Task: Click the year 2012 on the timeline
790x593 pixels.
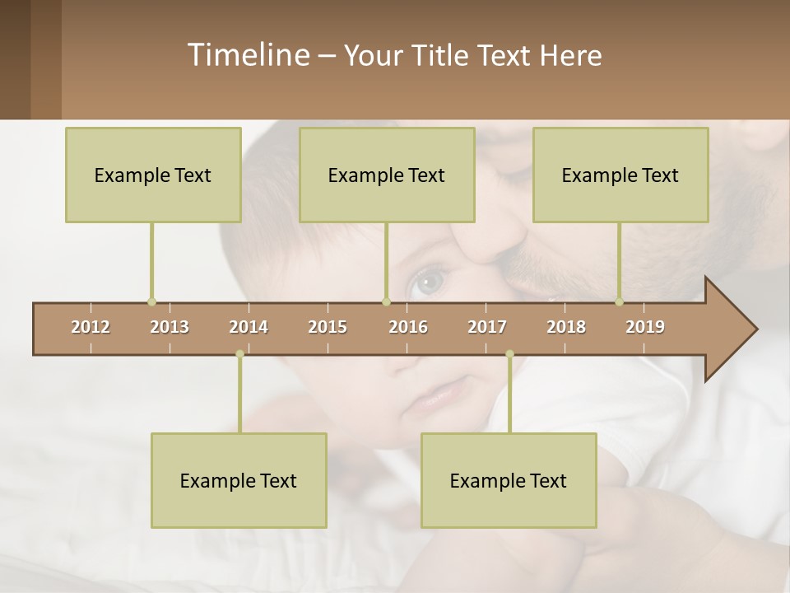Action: (x=91, y=327)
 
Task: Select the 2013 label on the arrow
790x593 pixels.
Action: (x=170, y=327)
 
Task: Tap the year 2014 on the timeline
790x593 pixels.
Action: (x=249, y=327)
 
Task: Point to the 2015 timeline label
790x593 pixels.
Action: (x=328, y=327)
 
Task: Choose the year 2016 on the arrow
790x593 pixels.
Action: (x=408, y=327)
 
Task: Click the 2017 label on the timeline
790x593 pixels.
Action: (x=487, y=327)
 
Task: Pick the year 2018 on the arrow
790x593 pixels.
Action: (x=566, y=327)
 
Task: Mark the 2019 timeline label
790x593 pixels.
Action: (x=645, y=327)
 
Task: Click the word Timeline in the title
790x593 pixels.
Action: (x=248, y=55)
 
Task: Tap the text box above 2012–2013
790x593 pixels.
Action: (x=153, y=175)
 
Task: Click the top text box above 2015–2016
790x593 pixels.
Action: (x=387, y=175)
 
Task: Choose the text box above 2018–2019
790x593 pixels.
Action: (x=620, y=175)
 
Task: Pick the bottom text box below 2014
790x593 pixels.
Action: (x=239, y=480)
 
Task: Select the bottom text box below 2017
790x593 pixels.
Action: (x=509, y=480)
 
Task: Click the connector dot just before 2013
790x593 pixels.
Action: (x=151, y=301)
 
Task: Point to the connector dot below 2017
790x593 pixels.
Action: (x=509, y=354)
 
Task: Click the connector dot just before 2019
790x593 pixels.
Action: (x=619, y=301)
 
